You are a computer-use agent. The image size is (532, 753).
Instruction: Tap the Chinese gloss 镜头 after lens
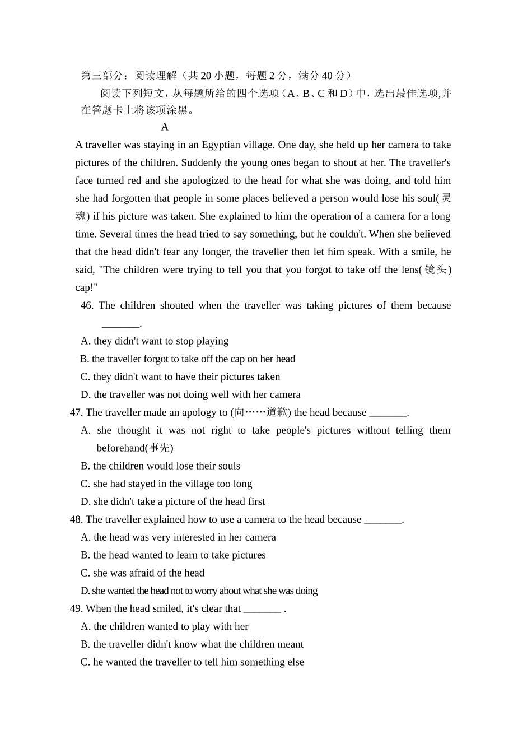436,269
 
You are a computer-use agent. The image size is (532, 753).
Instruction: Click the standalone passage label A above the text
165,127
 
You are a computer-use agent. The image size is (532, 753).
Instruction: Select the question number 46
87,305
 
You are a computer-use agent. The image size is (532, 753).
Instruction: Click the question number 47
76,412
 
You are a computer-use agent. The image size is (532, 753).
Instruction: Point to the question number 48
76,519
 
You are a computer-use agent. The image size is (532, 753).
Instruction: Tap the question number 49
76,608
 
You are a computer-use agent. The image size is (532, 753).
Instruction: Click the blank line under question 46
120,324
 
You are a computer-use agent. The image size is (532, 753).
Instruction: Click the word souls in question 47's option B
228,466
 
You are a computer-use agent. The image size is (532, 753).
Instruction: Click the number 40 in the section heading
327,76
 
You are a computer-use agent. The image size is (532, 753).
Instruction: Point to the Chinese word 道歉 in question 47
276,412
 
